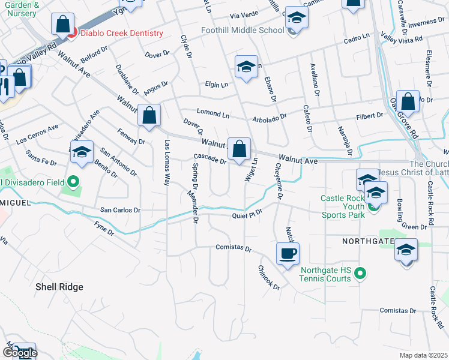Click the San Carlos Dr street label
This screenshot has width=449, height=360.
click(x=120, y=211)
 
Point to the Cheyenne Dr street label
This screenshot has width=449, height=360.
click(x=279, y=180)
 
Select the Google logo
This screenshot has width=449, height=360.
click(x=19, y=353)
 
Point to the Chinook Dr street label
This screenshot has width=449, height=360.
click(x=269, y=278)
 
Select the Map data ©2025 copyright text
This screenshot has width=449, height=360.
click(x=423, y=355)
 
